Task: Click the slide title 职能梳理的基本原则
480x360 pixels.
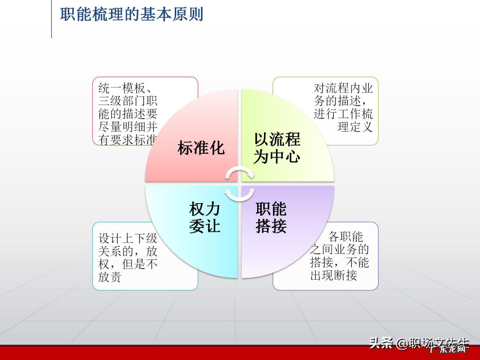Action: (x=132, y=15)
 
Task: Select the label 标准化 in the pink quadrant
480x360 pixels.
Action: (x=201, y=148)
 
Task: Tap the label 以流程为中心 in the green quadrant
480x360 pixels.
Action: (x=277, y=148)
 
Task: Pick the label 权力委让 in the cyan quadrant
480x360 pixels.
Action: (x=204, y=217)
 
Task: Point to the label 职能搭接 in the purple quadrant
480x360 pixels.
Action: (x=271, y=217)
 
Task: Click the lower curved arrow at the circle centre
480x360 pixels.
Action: (x=239, y=195)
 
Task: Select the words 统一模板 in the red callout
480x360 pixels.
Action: (x=121, y=88)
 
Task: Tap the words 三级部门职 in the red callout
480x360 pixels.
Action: (x=127, y=101)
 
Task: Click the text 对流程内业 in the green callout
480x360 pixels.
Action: (x=343, y=88)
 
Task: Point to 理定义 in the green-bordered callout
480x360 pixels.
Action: (x=355, y=127)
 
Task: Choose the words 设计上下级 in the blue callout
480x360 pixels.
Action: (x=127, y=238)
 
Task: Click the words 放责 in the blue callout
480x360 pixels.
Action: (x=109, y=277)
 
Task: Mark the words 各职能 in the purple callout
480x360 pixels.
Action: (x=345, y=237)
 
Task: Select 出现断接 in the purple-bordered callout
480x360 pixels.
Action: (x=334, y=275)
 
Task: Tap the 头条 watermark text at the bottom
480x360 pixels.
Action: (x=381, y=343)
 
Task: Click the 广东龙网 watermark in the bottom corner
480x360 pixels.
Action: (x=448, y=349)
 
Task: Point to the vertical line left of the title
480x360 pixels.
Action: (x=51, y=19)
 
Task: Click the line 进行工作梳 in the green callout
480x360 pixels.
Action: (x=343, y=114)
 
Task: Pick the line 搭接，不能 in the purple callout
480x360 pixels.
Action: (x=339, y=262)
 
